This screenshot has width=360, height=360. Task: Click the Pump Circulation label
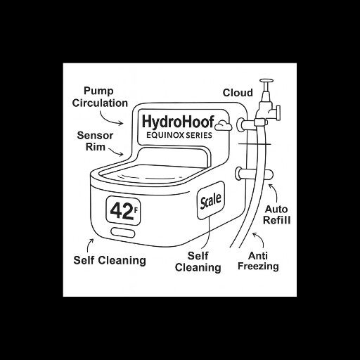point(100,97)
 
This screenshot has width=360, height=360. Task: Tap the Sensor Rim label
point(95,141)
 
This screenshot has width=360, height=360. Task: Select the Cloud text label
point(238,93)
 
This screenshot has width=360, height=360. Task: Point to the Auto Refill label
point(276,214)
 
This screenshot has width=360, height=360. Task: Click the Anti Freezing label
point(258,261)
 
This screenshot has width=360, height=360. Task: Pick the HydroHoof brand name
point(178,122)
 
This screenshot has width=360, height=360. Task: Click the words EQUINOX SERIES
point(179,135)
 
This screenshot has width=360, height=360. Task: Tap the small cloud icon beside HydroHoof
point(224,125)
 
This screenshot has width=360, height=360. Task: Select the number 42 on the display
point(122,212)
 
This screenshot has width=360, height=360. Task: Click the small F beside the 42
point(136,210)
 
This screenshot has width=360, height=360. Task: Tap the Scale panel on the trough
point(211,200)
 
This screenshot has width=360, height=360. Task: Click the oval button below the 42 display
point(123,233)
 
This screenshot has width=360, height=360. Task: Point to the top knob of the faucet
point(266,81)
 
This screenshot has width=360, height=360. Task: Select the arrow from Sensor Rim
point(116,152)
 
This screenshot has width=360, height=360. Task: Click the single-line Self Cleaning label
point(110,260)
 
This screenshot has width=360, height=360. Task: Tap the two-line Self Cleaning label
point(198,262)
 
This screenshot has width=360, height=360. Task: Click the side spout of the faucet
point(276,112)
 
